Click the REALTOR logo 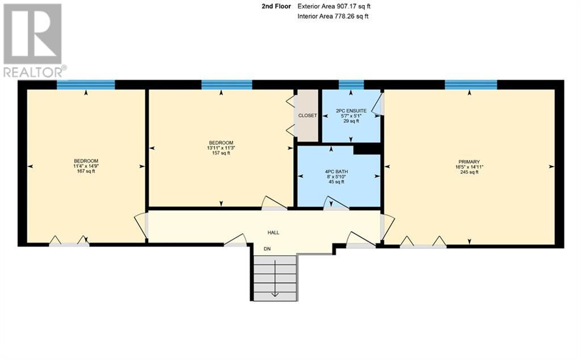pyautogui.click(x=33, y=40)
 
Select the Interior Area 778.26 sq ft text pyautogui.click(x=333, y=16)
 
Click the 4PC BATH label pyautogui.click(x=339, y=171)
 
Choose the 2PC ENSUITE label pyautogui.click(x=351, y=111)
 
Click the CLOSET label pyautogui.click(x=308, y=116)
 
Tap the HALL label pyautogui.click(x=273, y=232)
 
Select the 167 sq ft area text pyautogui.click(x=86, y=171)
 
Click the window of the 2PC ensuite pyautogui.click(x=351, y=85)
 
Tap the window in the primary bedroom pyautogui.click(x=471, y=85)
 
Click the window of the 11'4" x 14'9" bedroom pyautogui.click(x=86, y=85)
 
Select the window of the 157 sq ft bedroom pyautogui.click(x=226, y=85)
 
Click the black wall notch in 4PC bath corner pyautogui.click(x=367, y=149)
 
